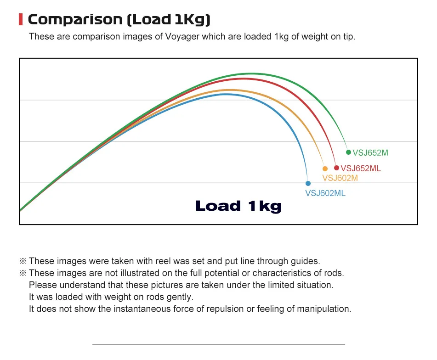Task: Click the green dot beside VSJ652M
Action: tap(348, 152)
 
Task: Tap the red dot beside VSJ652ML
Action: tap(336, 168)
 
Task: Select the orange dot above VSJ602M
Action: tap(325, 169)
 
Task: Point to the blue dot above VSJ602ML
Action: tap(308, 183)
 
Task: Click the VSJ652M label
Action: tap(370, 153)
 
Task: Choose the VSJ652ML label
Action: tap(361, 169)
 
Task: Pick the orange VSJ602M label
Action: tap(340, 178)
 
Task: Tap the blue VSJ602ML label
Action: tap(325, 193)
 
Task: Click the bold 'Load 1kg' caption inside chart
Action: tap(238, 206)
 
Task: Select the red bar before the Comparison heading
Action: tap(20, 20)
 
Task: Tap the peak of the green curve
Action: tap(250, 73)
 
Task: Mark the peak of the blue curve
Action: tap(226, 94)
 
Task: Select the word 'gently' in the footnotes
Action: tap(181, 297)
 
